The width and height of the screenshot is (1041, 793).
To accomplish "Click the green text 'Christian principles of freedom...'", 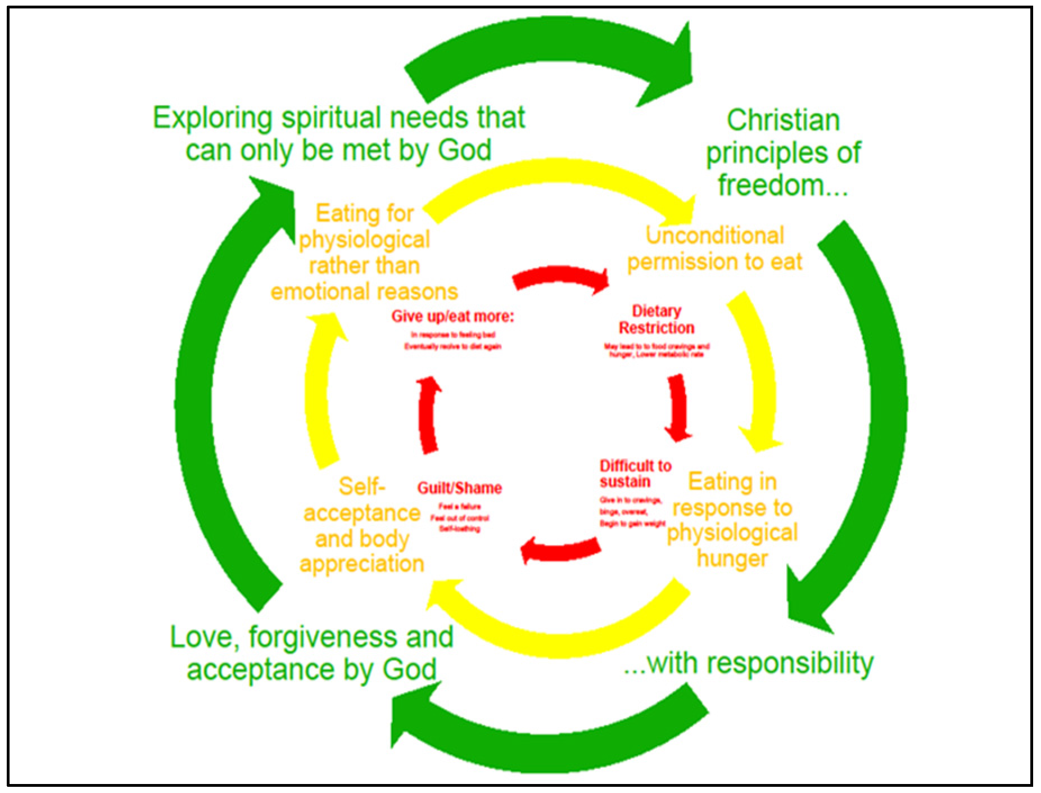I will (x=783, y=152).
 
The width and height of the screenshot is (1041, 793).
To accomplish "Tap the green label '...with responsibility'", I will (x=749, y=664).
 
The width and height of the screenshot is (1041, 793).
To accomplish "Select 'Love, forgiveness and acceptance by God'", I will (x=312, y=653).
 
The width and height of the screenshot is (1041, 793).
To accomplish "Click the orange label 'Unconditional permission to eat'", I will (x=714, y=249).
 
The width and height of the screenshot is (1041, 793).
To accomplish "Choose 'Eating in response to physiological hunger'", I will (x=732, y=520).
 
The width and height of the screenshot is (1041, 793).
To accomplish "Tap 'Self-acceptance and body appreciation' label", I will (x=362, y=525).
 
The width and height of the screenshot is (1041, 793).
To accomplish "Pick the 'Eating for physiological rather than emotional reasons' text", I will (x=364, y=253).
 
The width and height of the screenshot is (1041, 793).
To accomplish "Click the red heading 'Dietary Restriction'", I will (x=657, y=319).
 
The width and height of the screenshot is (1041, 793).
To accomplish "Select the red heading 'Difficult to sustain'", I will (x=635, y=474).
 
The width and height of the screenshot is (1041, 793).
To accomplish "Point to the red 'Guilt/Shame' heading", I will (x=459, y=488).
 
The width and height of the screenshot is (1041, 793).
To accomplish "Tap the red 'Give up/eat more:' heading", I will (x=452, y=316).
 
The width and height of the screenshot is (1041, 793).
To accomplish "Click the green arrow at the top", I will (x=551, y=56).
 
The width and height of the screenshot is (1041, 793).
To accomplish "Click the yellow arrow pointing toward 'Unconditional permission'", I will (x=556, y=180).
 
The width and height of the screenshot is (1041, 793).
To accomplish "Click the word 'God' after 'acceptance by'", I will (x=409, y=669).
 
